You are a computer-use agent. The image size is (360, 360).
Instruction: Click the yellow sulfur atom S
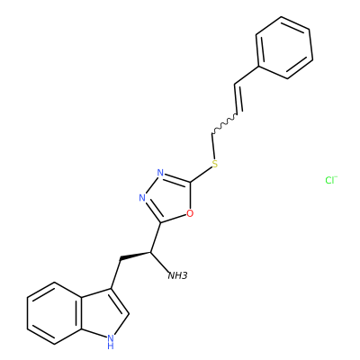point(214,164)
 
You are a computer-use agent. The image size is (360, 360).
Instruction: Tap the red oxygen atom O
point(190,213)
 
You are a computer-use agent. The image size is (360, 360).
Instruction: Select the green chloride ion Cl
point(331,180)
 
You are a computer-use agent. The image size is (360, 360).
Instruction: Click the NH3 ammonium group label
point(177,275)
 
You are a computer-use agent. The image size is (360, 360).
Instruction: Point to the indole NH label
point(111,342)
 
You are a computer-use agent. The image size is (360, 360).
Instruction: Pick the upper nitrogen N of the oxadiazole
point(160,173)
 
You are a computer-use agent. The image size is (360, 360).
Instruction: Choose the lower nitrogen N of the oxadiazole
point(142,198)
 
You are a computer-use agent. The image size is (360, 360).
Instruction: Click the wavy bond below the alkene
point(225,123)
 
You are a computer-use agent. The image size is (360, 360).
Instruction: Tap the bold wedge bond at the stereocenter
point(135,256)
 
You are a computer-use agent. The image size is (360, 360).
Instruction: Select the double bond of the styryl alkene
point(238,98)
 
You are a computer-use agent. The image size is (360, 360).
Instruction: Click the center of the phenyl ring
point(284,48)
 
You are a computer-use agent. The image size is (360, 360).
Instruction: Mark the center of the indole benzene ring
point(54,313)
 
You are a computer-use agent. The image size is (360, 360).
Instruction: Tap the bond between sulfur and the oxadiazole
point(201,175)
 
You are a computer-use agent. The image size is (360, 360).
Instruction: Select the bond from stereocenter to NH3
point(159,262)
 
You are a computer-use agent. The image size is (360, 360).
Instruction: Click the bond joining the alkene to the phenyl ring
point(246,75)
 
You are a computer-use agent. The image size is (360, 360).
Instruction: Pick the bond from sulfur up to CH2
point(213,146)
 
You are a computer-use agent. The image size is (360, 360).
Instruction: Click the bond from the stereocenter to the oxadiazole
point(156,238)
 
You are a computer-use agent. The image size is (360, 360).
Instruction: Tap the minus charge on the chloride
point(337,177)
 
